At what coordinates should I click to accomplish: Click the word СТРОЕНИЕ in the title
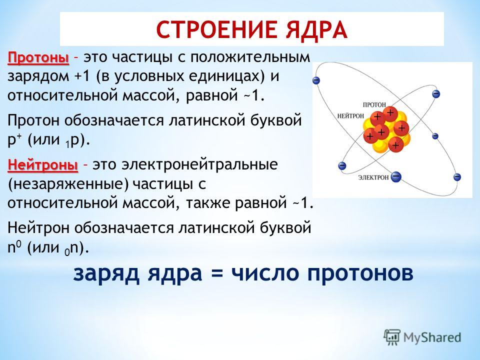[217, 29]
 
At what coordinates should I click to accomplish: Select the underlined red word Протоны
[38, 57]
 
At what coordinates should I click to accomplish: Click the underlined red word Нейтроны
[43, 164]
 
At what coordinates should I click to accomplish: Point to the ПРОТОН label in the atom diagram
[374, 104]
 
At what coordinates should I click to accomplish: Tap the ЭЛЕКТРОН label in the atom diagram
[373, 177]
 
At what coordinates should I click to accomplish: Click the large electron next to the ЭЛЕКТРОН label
[396, 176]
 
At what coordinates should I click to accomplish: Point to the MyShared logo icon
[392, 337]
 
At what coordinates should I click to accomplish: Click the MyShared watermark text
[432, 337]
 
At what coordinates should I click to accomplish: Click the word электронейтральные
[199, 164]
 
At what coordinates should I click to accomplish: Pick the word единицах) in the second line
[226, 77]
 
